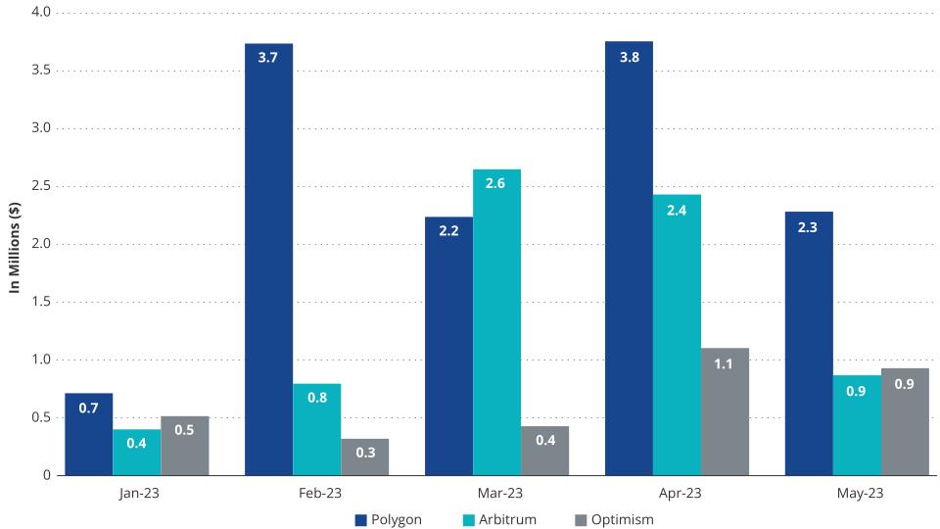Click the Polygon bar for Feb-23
[268, 260]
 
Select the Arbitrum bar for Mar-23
[496, 322]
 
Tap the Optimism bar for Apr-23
[725, 411]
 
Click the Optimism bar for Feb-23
[364, 457]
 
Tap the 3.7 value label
[268, 58]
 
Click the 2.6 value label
[496, 184]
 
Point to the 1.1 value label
[725, 363]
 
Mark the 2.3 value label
[809, 226]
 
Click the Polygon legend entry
[389, 519]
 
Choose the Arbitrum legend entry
[503, 519]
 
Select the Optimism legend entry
[614, 519]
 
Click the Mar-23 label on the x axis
[496, 494]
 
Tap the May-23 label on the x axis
[857, 494]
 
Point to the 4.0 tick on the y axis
[42, 13]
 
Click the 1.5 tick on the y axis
[42, 302]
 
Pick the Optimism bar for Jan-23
[184, 446]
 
